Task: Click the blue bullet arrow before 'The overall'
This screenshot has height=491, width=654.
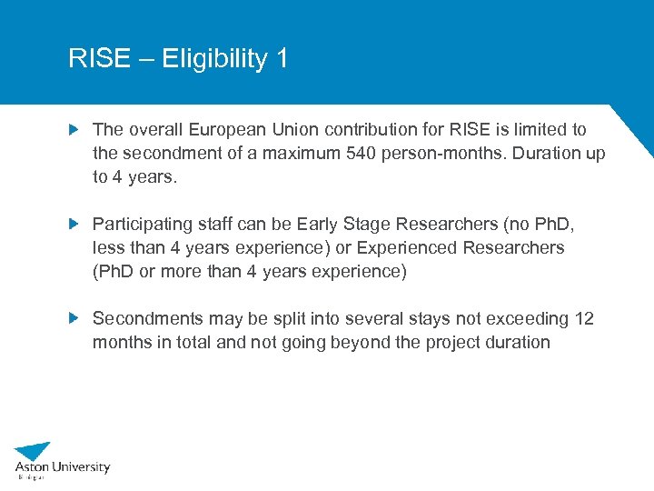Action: [x=75, y=130]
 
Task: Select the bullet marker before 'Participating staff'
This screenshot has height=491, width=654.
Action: [x=75, y=224]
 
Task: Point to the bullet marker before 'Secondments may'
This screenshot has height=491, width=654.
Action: [x=75, y=318]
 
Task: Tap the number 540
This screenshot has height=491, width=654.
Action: [x=362, y=153]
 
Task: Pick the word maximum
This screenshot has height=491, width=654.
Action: [x=302, y=153]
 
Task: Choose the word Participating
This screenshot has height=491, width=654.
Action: [x=143, y=224]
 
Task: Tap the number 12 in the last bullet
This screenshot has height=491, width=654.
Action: [x=584, y=318]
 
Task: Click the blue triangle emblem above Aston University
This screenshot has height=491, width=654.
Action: [x=34, y=450]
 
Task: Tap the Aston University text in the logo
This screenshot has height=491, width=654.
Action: [x=62, y=467]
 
